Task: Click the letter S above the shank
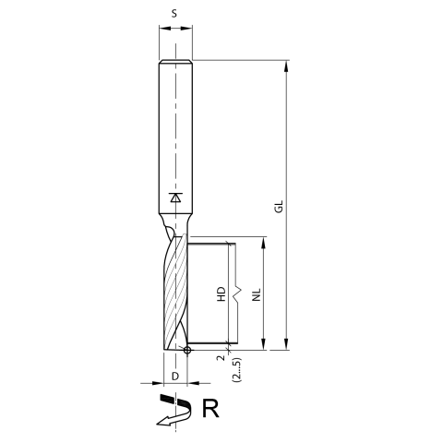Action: click(175, 13)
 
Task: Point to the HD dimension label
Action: click(221, 294)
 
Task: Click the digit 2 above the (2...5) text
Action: click(221, 358)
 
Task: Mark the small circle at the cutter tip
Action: click(187, 351)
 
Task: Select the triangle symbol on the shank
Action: click(175, 197)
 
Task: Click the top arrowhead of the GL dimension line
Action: click(287, 66)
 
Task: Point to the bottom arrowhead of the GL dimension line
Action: click(287, 346)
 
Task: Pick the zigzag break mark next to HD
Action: click(237, 293)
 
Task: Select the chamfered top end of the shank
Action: click(175, 63)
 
